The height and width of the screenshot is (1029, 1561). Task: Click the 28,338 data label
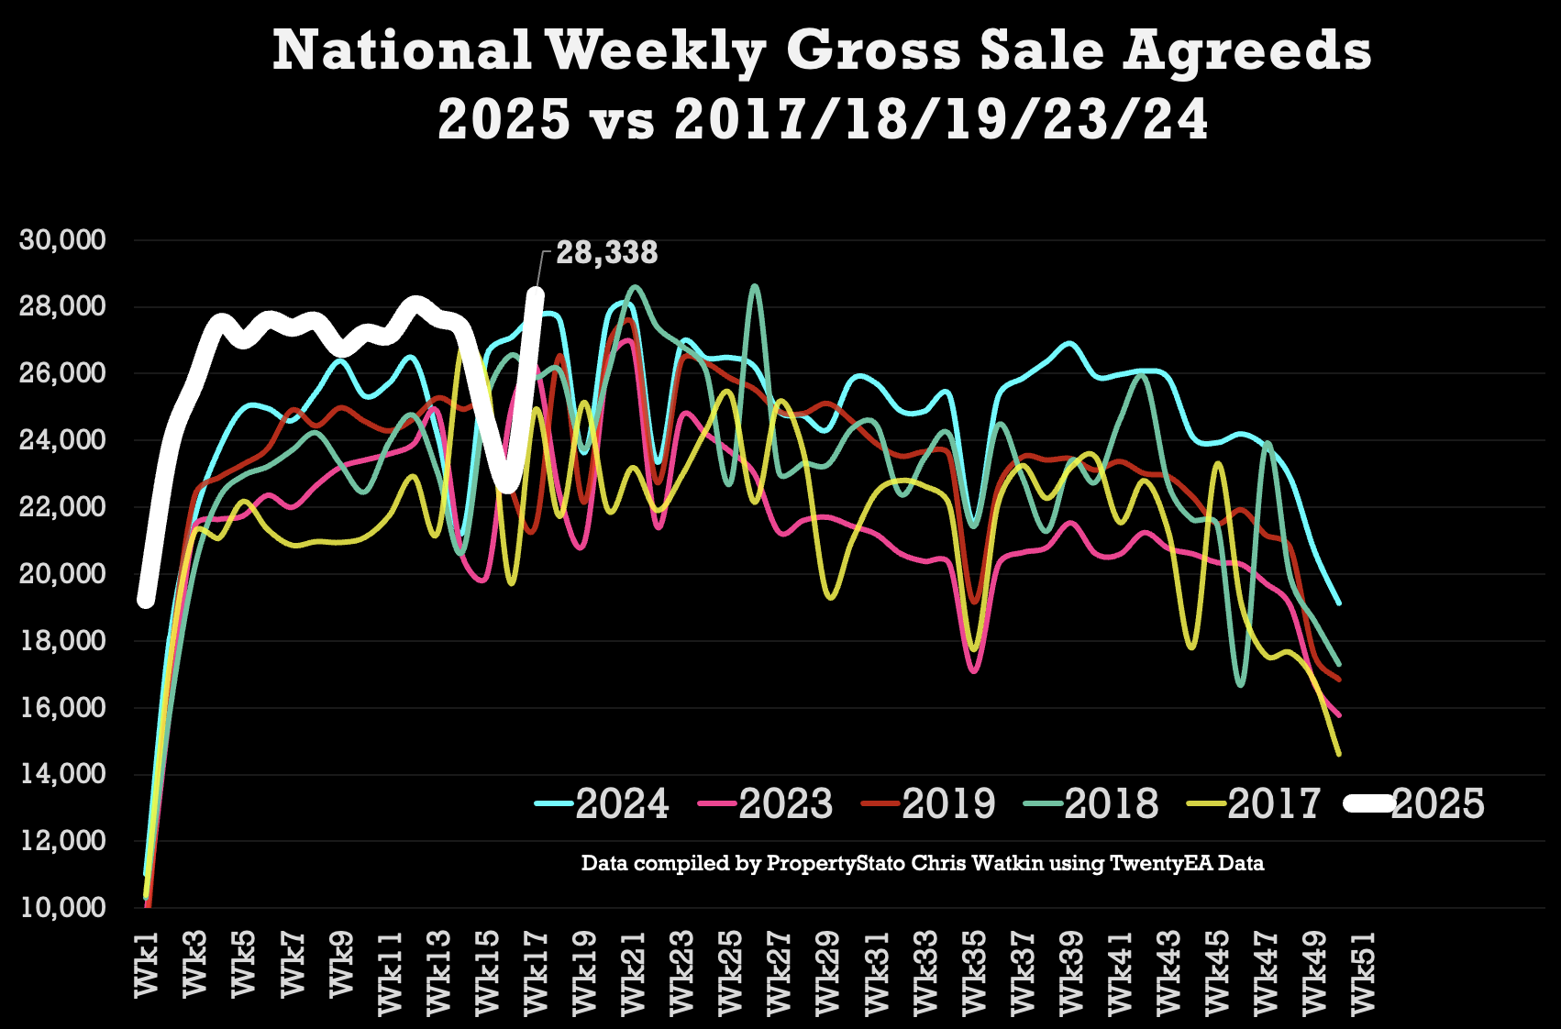[x=607, y=253]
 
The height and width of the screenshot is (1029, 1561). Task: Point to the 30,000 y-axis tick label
[x=63, y=240]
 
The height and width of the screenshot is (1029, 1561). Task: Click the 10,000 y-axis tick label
[x=63, y=908]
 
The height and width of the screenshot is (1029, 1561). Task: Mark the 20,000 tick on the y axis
[x=63, y=574]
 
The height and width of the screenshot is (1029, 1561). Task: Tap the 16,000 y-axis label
[x=63, y=708]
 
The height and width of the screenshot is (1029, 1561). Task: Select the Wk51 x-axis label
[x=1363, y=972]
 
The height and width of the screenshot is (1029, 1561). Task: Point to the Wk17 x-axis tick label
[x=536, y=972]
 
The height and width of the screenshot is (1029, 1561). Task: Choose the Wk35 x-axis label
[x=974, y=972]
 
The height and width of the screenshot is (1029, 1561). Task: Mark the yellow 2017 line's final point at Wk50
[x=1340, y=754]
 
